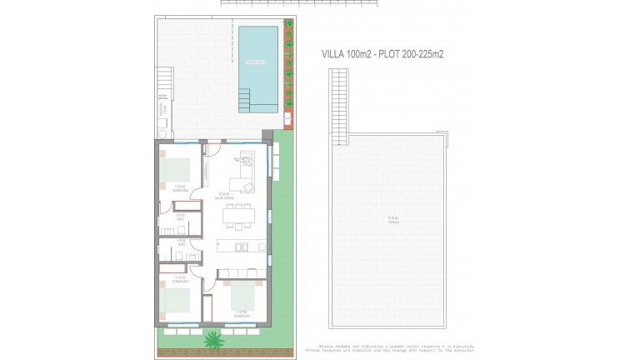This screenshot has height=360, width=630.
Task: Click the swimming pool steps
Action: point(247,102)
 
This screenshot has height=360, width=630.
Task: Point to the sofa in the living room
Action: point(242,181)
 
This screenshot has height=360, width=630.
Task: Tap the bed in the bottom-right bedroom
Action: point(242,295)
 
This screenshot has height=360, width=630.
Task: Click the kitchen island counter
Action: point(240,247)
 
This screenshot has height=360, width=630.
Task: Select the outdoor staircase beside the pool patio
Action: point(164,82)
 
